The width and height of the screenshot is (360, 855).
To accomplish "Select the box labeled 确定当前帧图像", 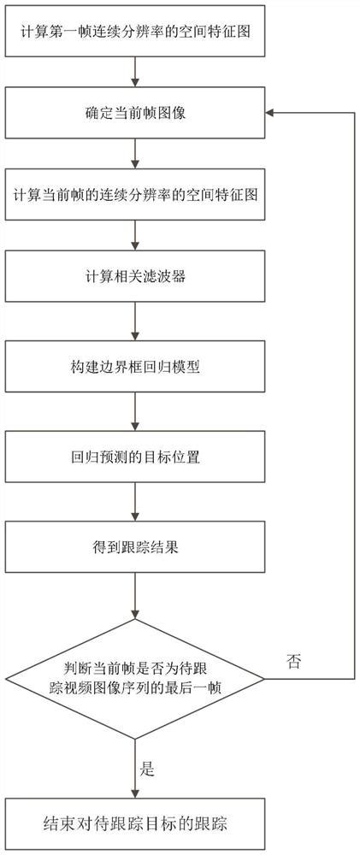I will coord(135,112).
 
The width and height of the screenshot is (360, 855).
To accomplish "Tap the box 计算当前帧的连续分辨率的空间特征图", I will coord(135,194).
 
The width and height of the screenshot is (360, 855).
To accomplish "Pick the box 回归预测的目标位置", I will coord(135,457).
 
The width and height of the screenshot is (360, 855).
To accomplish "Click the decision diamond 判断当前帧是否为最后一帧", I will coord(135,679).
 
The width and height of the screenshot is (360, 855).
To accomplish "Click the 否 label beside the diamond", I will coord(293,659).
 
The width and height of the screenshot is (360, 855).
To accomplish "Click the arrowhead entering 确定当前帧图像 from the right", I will coord(270,112).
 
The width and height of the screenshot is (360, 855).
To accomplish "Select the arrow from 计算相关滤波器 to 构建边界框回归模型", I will coord(135,321).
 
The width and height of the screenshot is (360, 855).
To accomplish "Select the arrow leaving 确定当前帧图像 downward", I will coord(135,153).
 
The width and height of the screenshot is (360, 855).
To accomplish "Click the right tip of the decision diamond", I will coord(263,679).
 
